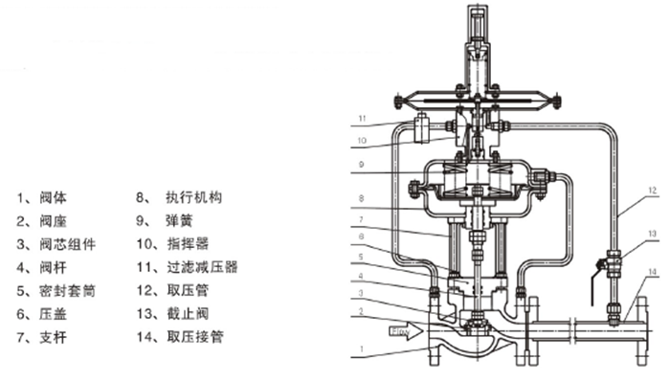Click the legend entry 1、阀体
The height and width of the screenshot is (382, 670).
click(42, 198)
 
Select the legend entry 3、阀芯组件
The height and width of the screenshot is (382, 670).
click(56, 245)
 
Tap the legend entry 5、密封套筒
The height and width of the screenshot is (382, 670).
click(56, 291)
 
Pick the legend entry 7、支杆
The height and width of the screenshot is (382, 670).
click(42, 338)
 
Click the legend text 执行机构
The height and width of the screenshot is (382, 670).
click(194, 198)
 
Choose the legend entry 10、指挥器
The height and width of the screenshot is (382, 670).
click(172, 244)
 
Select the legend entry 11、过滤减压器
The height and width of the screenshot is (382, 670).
click(188, 267)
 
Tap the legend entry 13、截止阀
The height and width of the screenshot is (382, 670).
click(172, 314)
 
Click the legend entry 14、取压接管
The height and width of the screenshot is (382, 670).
click(180, 337)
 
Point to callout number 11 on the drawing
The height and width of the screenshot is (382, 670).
click(363, 119)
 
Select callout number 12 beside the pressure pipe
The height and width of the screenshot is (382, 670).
click(652, 191)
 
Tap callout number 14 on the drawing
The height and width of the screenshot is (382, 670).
click(652, 272)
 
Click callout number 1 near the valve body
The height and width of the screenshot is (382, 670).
click(362, 349)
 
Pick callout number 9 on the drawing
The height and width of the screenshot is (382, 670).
click(362, 165)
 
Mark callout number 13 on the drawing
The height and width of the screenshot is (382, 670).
click(652, 234)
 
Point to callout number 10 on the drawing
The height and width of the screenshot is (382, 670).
click(362, 141)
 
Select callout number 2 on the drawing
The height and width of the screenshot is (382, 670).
click(361, 311)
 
